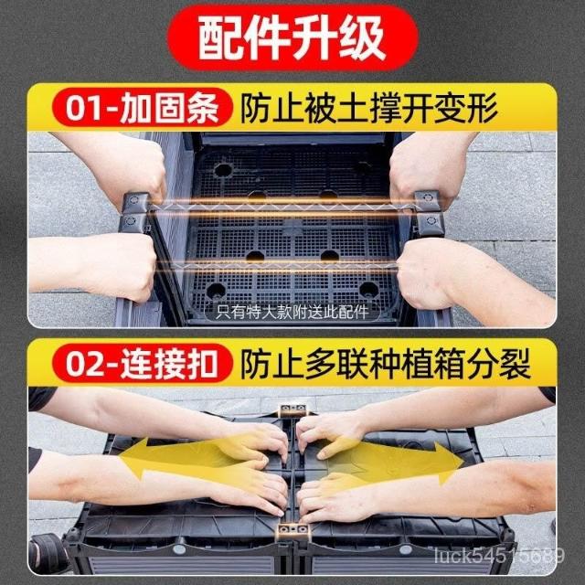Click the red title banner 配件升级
point(292,37)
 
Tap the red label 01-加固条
point(142,108)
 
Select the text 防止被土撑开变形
point(368,108)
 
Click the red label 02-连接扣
point(142,364)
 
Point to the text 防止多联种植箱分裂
point(385,364)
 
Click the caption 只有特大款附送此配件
point(292,312)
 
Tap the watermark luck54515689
point(499,557)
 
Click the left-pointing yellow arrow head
point(134,457)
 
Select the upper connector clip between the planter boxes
point(293,410)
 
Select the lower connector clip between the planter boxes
point(293,531)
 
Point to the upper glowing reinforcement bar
point(282,207)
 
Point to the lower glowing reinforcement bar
point(283,266)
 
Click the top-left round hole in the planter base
point(223,170)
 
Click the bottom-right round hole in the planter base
point(368,289)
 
